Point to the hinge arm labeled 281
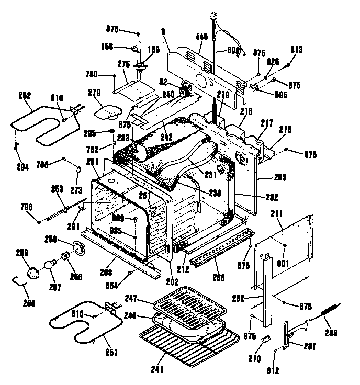point(286,335)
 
